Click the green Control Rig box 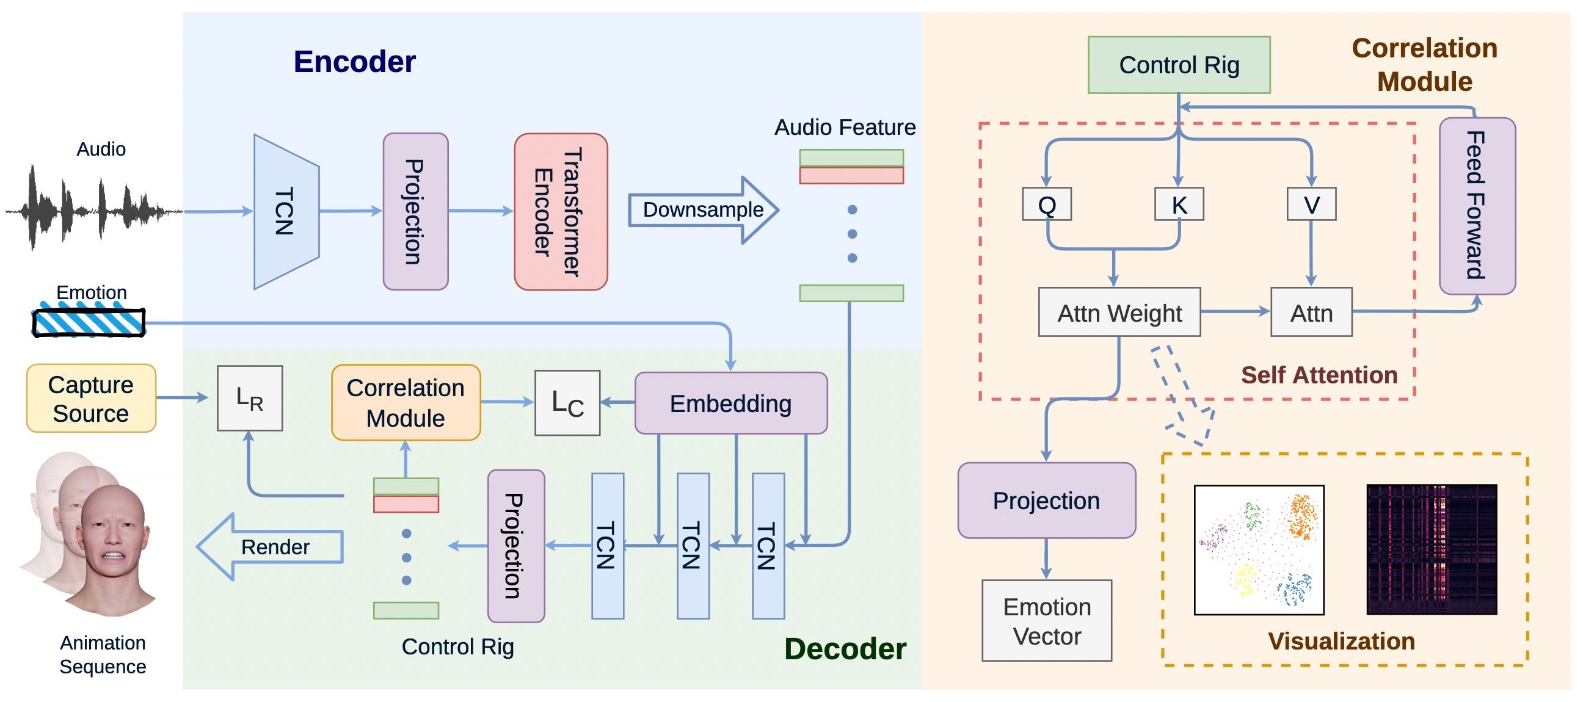(x=1178, y=65)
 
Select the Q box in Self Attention (x=1046, y=204)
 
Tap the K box (x=1178, y=204)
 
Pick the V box (x=1311, y=204)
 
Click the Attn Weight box (x=1118, y=312)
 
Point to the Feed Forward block (x=1476, y=206)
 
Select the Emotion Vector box (x=1046, y=620)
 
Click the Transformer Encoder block (x=560, y=211)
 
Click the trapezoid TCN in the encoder (x=286, y=211)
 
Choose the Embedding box (x=730, y=403)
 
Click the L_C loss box (x=567, y=403)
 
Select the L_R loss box (x=250, y=398)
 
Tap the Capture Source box (x=91, y=398)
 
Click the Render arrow (x=271, y=546)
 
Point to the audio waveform (x=92, y=209)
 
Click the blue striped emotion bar (x=89, y=322)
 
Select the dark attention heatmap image (x=1430, y=549)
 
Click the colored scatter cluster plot (x=1259, y=549)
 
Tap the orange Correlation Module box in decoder (x=406, y=402)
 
